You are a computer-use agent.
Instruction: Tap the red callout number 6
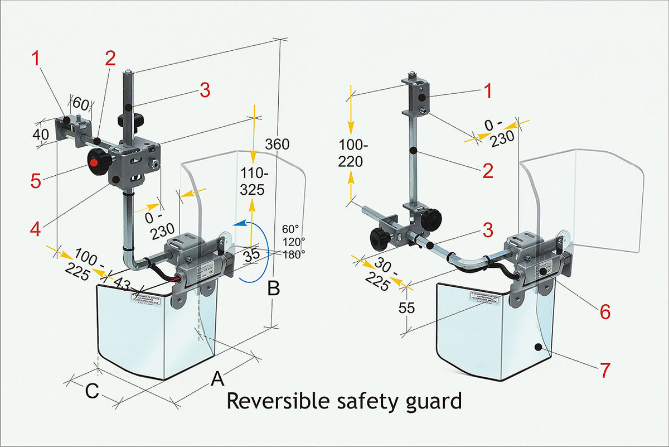click(x=605, y=311)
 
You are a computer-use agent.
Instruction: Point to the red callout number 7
click(x=605, y=369)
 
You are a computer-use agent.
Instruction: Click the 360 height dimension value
click(x=277, y=144)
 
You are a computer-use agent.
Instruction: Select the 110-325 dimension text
click(x=253, y=181)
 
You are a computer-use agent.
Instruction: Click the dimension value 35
click(x=252, y=254)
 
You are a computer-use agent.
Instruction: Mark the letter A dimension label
click(x=217, y=379)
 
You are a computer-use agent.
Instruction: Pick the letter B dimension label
click(x=273, y=289)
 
